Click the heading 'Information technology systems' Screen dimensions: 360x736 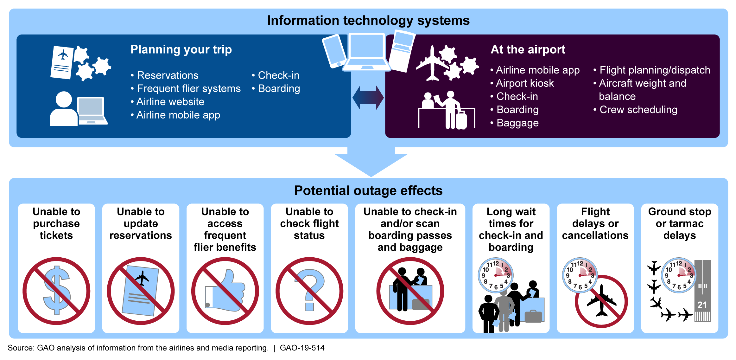click(368, 21)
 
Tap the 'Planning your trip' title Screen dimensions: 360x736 click(181, 50)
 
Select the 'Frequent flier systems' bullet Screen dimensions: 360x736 click(188, 89)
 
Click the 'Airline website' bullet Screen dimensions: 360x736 click(170, 102)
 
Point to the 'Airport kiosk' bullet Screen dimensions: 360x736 click(524, 83)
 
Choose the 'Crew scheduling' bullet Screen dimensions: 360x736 click(638, 110)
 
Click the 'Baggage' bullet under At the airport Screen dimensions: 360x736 click(517, 123)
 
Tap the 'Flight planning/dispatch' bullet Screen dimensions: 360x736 click(654, 70)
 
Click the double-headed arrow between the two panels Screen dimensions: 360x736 click(368, 98)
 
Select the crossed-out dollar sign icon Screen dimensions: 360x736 click(56, 291)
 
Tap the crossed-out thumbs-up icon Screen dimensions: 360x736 click(225, 291)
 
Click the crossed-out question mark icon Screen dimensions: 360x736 click(309, 291)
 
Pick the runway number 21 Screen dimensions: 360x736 click(702, 305)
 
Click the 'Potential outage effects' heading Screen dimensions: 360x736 click(368, 191)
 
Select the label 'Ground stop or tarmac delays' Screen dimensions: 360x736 click(680, 223)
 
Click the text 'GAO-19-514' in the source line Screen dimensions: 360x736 click(302, 348)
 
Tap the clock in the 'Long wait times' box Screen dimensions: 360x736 click(495, 275)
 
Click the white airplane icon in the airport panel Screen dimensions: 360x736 click(432, 63)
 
